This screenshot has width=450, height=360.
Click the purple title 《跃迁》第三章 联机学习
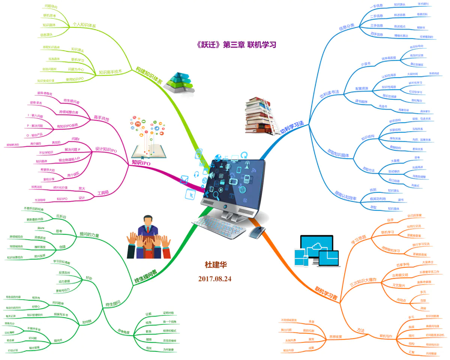pos(237,45)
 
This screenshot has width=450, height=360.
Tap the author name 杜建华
pos(216,265)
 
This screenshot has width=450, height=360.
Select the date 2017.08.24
pos(215,279)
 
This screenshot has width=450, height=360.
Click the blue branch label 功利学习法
pos(292,123)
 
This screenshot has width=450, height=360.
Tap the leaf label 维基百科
pos(422,15)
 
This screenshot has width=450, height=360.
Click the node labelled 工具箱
pos(103,193)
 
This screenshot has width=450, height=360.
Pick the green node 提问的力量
pos(89,235)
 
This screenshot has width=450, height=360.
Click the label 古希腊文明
pos(399,275)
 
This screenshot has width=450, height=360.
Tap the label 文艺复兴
pos(400,286)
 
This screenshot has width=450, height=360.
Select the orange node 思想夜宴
pos(335,336)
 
